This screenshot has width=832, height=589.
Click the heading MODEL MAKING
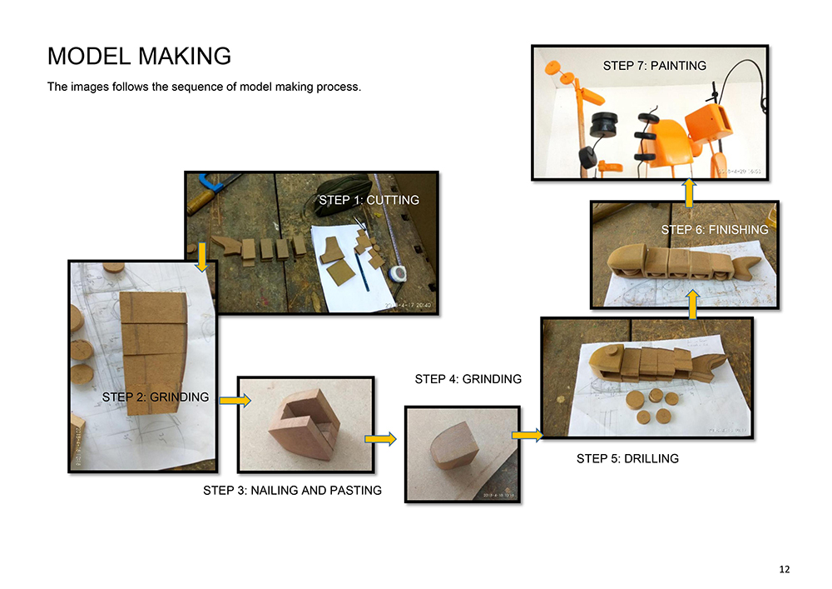pyautogui.click(x=139, y=56)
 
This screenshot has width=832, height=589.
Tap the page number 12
pyautogui.click(x=785, y=570)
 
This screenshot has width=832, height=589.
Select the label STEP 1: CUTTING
pyautogui.click(x=369, y=200)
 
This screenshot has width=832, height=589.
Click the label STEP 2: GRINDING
pyautogui.click(x=156, y=397)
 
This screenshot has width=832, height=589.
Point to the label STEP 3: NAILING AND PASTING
pyautogui.click(x=292, y=491)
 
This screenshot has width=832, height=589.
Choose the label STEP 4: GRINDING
pyautogui.click(x=468, y=379)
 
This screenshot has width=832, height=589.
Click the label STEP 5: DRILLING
pyautogui.click(x=627, y=458)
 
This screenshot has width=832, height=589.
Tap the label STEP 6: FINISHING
pyautogui.click(x=715, y=229)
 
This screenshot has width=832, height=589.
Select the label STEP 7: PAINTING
pyautogui.click(x=654, y=66)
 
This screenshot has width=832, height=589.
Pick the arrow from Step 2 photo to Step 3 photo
pyautogui.click(x=235, y=402)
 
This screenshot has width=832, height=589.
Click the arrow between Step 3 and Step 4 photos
pyautogui.click(x=379, y=438)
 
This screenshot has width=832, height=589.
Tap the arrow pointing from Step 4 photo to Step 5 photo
pyautogui.click(x=527, y=434)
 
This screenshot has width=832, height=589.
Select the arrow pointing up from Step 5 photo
pyautogui.click(x=692, y=305)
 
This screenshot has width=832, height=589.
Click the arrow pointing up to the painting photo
pyautogui.click(x=689, y=191)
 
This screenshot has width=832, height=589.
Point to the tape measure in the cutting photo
pyautogui.click(x=399, y=272)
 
